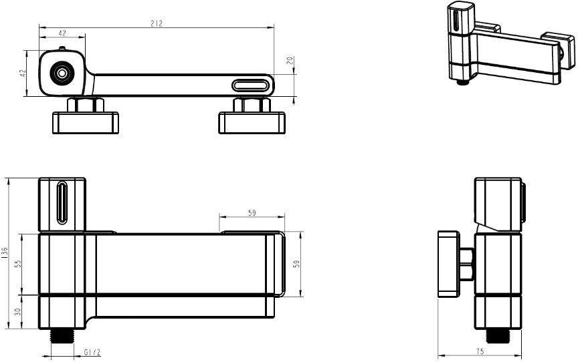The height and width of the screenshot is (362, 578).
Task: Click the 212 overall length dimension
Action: point(157,23)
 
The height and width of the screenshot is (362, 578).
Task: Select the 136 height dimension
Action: point(5,254)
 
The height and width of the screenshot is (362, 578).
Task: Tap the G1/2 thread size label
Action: point(92,352)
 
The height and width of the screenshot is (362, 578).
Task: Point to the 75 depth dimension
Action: point(480,351)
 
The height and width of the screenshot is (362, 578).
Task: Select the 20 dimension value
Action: point(290,60)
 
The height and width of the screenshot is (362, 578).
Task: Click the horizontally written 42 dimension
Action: point(62,33)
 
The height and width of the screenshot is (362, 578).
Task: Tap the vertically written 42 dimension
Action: point(22,73)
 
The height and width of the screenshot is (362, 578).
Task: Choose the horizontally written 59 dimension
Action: point(252,212)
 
